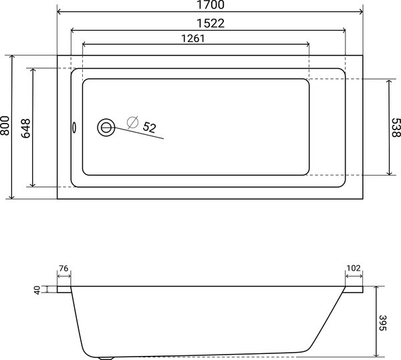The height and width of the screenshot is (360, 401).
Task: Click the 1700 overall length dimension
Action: click(210, 5)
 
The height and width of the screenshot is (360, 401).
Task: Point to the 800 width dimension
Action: click(5, 127)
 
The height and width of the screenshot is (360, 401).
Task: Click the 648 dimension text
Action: click(26, 127)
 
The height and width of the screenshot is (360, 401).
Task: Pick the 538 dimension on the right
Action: click(395, 127)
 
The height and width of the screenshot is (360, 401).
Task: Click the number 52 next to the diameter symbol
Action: click(149, 127)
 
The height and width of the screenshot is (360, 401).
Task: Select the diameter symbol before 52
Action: click(132, 122)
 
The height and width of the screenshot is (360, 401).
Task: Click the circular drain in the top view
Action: click(106, 127)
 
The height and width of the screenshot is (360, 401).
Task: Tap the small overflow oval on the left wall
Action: click(74, 127)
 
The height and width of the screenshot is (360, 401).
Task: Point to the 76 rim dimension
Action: click(64, 268)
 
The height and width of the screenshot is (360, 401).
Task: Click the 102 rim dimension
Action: click(354, 268)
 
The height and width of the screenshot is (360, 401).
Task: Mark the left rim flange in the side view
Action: click(64, 290)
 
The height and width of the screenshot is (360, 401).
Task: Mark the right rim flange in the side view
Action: click(354, 290)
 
